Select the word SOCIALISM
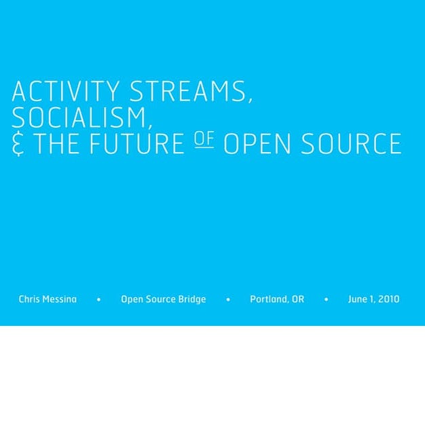click(80, 118)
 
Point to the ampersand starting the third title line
click(18, 145)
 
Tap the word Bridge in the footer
click(191, 299)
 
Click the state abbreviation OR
click(298, 299)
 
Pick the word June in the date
click(358, 299)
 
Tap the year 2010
click(389, 299)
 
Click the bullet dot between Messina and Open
click(99, 299)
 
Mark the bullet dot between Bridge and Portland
click(228, 299)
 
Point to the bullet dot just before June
click(327, 299)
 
